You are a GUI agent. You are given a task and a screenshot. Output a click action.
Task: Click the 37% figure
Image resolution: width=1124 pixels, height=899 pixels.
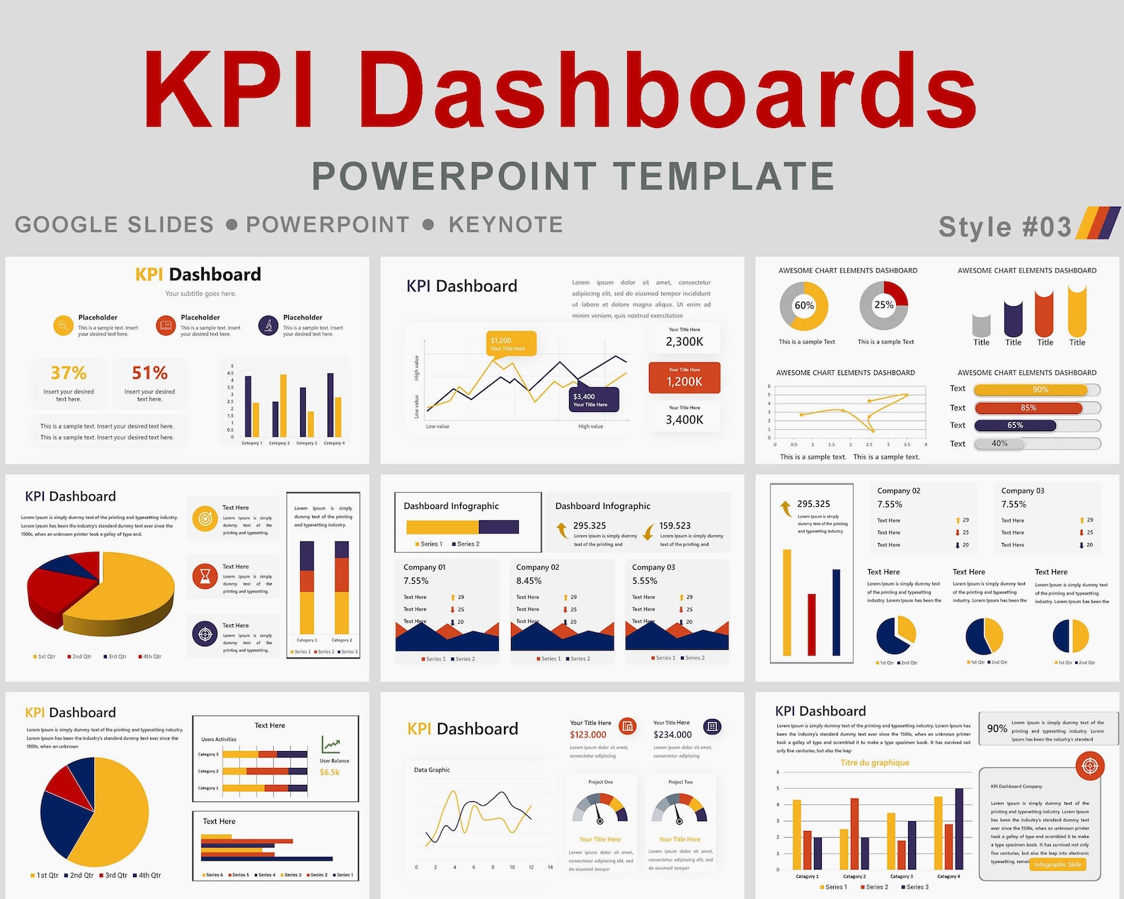click(x=69, y=373)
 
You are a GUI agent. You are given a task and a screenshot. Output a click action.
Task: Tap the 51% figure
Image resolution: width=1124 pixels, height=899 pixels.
click(x=150, y=373)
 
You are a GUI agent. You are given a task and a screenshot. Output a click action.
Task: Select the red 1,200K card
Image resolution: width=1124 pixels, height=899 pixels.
click(x=684, y=378)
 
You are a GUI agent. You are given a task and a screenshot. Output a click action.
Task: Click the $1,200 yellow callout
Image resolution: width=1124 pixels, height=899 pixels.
click(x=511, y=343)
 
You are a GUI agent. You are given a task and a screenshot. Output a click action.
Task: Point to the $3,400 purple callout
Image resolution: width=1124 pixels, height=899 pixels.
click(x=595, y=400)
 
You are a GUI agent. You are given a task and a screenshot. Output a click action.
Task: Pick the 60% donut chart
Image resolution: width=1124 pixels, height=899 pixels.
click(x=804, y=306)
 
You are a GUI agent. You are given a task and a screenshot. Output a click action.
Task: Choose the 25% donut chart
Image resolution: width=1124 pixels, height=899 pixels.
click(x=883, y=306)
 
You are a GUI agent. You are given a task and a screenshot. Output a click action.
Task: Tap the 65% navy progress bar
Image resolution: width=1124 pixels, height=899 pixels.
click(x=1015, y=425)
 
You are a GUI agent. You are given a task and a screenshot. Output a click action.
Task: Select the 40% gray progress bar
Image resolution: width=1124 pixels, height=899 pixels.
click(x=999, y=444)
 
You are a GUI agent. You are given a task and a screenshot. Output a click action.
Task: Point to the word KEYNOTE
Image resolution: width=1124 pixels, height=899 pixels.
click(x=505, y=225)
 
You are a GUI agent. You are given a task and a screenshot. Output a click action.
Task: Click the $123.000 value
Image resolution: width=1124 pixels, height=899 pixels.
click(x=588, y=735)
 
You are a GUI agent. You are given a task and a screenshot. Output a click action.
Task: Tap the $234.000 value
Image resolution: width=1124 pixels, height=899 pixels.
click(x=672, y=735)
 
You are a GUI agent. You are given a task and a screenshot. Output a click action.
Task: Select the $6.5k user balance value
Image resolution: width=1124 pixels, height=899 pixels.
click(x=330, y=772)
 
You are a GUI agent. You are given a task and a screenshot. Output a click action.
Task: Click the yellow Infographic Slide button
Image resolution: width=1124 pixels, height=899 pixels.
click(x=1057, y=864)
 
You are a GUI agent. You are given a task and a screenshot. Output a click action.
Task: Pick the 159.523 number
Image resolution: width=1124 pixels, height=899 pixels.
click(x=675, y=526)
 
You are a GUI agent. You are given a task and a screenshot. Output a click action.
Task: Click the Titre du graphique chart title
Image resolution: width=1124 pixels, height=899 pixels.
click(x=875, y=763)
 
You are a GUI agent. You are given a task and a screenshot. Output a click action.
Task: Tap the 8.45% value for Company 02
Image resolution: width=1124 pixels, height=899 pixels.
click(x=529, y=580)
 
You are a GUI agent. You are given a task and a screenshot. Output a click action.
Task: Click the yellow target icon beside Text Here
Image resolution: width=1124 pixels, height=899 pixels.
click(x=205, y=519)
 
